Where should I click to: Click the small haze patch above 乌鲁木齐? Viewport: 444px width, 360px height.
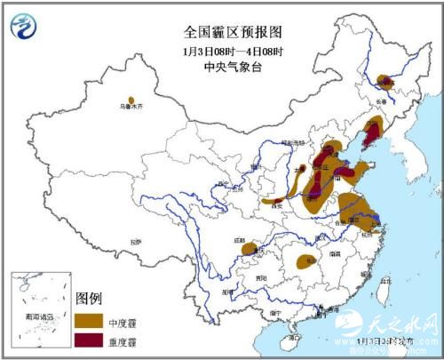[x=131, y=100]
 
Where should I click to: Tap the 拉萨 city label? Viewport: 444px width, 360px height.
[x=134, y=241]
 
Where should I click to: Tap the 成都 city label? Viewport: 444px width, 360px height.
[x=239, y=240]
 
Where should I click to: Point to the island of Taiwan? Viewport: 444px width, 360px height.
[x=384, y=285]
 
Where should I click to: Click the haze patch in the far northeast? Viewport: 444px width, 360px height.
[x=385, y=83]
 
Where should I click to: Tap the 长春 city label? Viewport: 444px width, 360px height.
[x=388, y=103]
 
